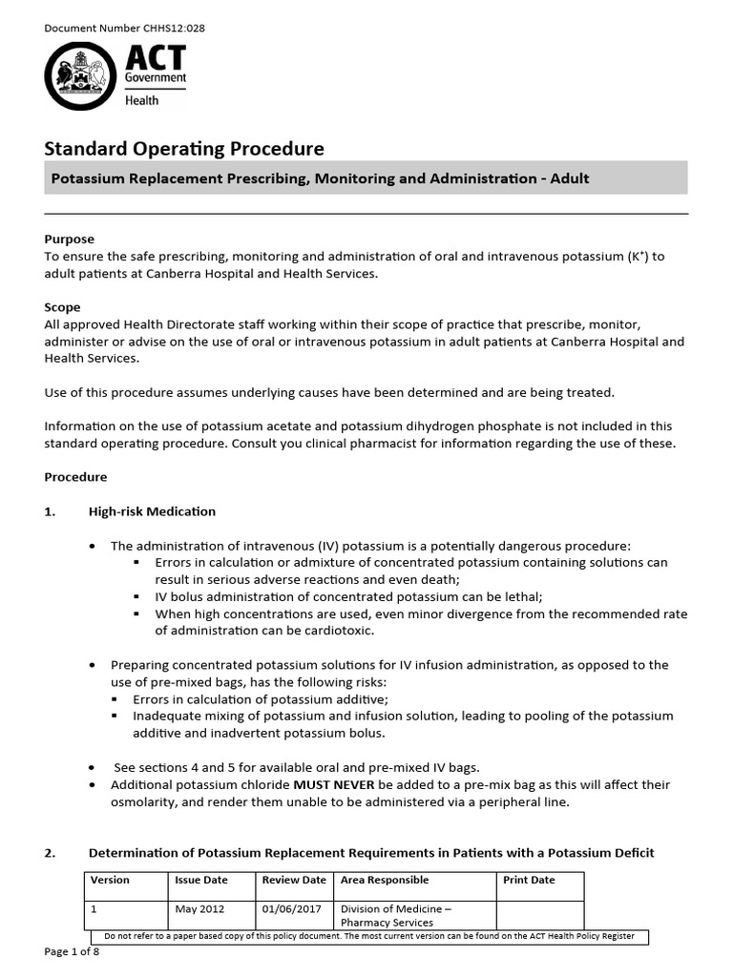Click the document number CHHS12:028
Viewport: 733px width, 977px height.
[x=125, y=28]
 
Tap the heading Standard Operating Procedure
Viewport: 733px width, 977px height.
[x=184, y=149]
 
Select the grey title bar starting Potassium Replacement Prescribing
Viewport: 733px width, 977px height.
[x=366, y=178]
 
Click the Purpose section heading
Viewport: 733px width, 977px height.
[x=70, y=239]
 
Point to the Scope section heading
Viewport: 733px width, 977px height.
[x=63, y=307]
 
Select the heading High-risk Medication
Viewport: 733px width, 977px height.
[x=152, y=511]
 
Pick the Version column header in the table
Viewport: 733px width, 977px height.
[x=110, y=880]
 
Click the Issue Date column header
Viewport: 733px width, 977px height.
[x=201, y=880]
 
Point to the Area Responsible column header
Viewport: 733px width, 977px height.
[x=385, y=880]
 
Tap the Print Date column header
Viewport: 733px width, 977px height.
[x=529, y=880]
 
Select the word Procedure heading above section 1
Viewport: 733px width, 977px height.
[x=76, y=477]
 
